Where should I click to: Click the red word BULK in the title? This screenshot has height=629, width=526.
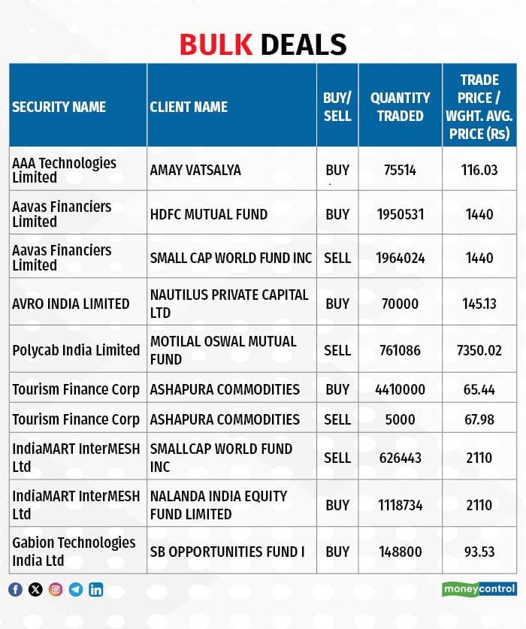(x=216, y=44)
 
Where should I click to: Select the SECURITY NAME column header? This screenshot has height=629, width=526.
(x=59, y=107)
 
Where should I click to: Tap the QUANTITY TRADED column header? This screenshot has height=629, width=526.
(x=400, y=107)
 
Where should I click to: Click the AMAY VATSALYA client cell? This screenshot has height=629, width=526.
(x=195, y=170)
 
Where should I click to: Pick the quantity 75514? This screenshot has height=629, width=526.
(x=400, y=170)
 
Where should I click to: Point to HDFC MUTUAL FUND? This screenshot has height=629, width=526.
(x=209, y=214)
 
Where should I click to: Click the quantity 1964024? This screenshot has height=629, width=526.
(x=400, y=258)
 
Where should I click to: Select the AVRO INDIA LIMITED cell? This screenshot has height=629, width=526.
(x=71, y=304)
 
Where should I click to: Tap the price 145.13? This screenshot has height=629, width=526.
(x=479, y=304)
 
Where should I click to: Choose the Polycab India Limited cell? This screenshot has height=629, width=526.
(x=76, y=350)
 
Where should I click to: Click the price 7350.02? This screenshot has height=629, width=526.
(x=479, y=350)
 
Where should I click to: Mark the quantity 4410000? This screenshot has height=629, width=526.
(x=400, y=389)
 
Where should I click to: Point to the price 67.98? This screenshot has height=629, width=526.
(x=479, y=419)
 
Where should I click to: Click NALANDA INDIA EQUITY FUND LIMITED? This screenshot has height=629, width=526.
(x=219, y=505)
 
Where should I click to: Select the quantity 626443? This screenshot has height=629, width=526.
(x=400, y=458)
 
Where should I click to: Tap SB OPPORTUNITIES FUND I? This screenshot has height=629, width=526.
(x=227, y=552)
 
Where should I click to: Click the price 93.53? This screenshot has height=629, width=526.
(x=479, y=552)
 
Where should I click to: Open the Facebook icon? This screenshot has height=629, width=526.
(x=15, y=589)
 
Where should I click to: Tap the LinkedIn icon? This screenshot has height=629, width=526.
(x=96, y=589)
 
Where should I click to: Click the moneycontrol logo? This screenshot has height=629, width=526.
(x=479, y=589)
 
